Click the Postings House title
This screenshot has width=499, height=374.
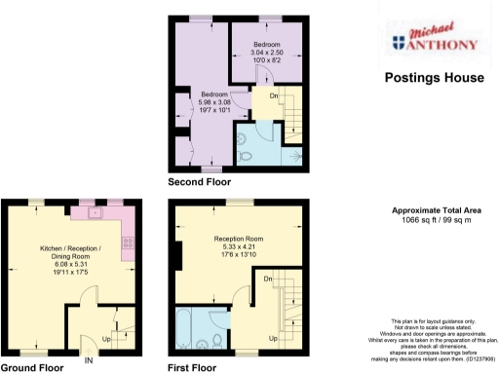coord(434,77)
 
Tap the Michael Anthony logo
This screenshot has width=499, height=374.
coord(434,38)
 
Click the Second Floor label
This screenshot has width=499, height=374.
coord(199,182)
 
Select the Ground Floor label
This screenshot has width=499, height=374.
coord(32,367)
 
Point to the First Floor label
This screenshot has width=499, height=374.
coord(192,367)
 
